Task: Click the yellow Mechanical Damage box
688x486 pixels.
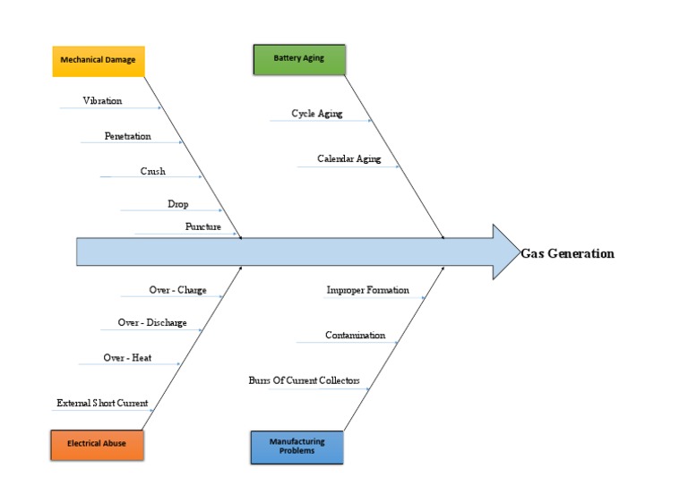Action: [99, 61]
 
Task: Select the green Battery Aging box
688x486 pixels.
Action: [299, 58]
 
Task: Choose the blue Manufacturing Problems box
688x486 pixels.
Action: [297, 446]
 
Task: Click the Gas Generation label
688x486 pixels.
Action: [568, 253]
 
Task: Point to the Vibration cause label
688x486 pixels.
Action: [102, 101]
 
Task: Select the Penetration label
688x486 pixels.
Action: [127, 136]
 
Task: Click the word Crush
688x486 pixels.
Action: [152, 171]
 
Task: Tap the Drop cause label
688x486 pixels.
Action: [177, 204]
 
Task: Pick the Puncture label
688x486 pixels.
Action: [202, 227]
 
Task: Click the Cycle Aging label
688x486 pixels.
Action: [317, 114]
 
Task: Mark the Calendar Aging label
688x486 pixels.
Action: [348, 159]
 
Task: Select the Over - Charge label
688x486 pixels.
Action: [177, 291]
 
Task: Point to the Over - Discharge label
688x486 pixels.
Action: [152, 323]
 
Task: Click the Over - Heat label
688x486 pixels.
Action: [127, 358]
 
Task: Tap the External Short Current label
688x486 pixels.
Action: [102, 404]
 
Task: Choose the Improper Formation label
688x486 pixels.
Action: [367, 290]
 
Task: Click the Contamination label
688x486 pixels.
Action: [355, 336]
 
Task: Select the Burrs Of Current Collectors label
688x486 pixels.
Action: [304, 381]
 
